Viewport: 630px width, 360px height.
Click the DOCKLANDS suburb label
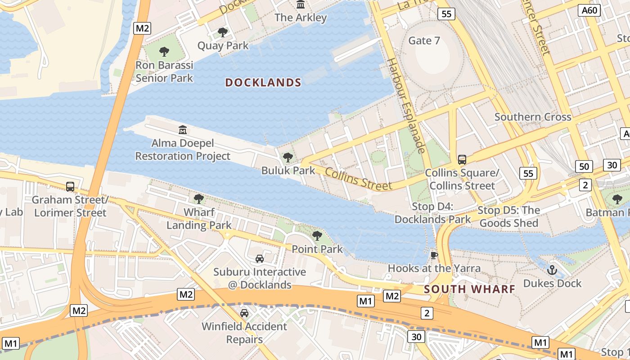(263, 82)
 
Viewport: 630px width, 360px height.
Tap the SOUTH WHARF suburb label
(470, 289)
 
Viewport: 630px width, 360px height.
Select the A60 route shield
(590, 10)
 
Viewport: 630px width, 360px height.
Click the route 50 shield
(584, 166)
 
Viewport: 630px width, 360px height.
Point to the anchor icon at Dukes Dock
(552, 270)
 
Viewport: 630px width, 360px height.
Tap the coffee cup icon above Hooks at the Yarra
(434, 255)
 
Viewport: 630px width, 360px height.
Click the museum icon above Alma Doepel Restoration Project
(183, 130)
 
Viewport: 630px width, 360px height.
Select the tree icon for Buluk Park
(288, 157)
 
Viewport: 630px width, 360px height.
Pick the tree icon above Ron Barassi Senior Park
(164, 52)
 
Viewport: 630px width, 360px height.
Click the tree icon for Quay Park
(222, 32)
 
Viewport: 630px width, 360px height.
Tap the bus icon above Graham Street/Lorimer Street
(70, 186)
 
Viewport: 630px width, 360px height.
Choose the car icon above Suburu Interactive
(260, 258)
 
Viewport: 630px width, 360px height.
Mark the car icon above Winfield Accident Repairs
(244, 313)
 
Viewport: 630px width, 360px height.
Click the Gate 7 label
(424, 40)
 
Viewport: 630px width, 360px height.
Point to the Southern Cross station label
(533, 117)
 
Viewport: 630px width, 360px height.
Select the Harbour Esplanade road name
(406, 106)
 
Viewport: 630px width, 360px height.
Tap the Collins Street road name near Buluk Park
(358, 179)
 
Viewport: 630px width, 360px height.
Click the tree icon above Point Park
(317, 235)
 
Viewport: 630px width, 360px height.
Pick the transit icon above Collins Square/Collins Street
(462, 159)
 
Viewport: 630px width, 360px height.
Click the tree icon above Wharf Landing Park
(198, 198)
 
